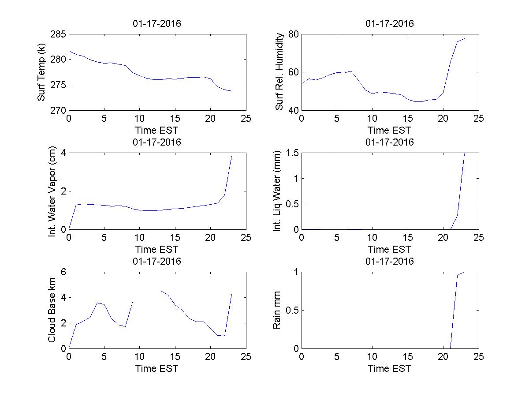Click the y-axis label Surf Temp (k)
coord(41,72)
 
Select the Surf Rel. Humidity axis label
coord(279,72)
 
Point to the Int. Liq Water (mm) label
coord(277,191)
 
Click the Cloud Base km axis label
coord(52,310)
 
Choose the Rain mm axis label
coord(277,310)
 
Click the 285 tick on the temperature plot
coord(58,34)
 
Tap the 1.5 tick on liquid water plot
coord(291,153)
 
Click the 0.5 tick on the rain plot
coord(291,310)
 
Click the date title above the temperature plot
coord(156,24)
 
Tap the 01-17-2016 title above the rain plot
coord(390,261)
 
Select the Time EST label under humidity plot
coord(390,130)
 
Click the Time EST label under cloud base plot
coord(156,368)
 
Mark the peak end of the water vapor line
coord(231,156)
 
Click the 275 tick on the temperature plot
coord(58,85)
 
